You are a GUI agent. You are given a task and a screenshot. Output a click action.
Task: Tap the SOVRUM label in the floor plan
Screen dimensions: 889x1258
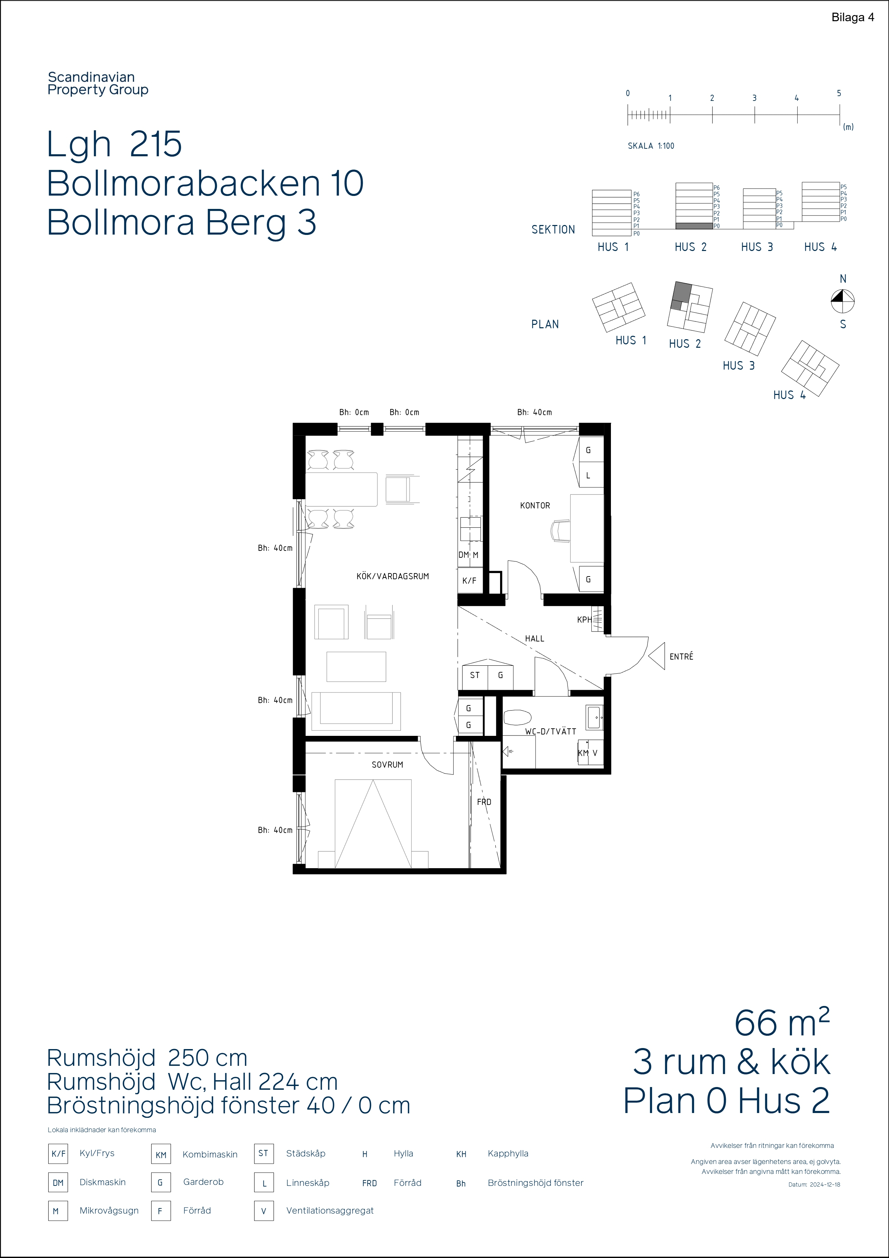coord(388,764)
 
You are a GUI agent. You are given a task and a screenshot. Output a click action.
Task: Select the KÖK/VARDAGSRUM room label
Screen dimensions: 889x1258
coord(392,577)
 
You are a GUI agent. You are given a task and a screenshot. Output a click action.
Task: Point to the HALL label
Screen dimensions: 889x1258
coord(534,639)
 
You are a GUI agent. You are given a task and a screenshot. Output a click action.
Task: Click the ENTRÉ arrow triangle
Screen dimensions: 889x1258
coord(657,656)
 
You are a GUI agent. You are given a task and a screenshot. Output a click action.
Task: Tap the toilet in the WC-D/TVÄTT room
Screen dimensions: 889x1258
coord(518,718)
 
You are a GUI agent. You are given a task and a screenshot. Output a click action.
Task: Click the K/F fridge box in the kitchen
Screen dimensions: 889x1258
coord(470,581)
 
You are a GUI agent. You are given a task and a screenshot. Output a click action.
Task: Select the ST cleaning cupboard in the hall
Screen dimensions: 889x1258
coord(475,676)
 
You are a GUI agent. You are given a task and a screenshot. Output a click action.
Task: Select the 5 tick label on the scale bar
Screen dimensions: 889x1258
coord(839,93)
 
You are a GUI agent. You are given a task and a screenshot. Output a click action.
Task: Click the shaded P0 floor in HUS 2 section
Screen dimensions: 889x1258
coord(694,226)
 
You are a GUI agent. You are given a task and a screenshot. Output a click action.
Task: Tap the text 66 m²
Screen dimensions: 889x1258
coord(782,1022)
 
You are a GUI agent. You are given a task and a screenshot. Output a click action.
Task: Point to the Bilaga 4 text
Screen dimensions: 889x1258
coord(853,17)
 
